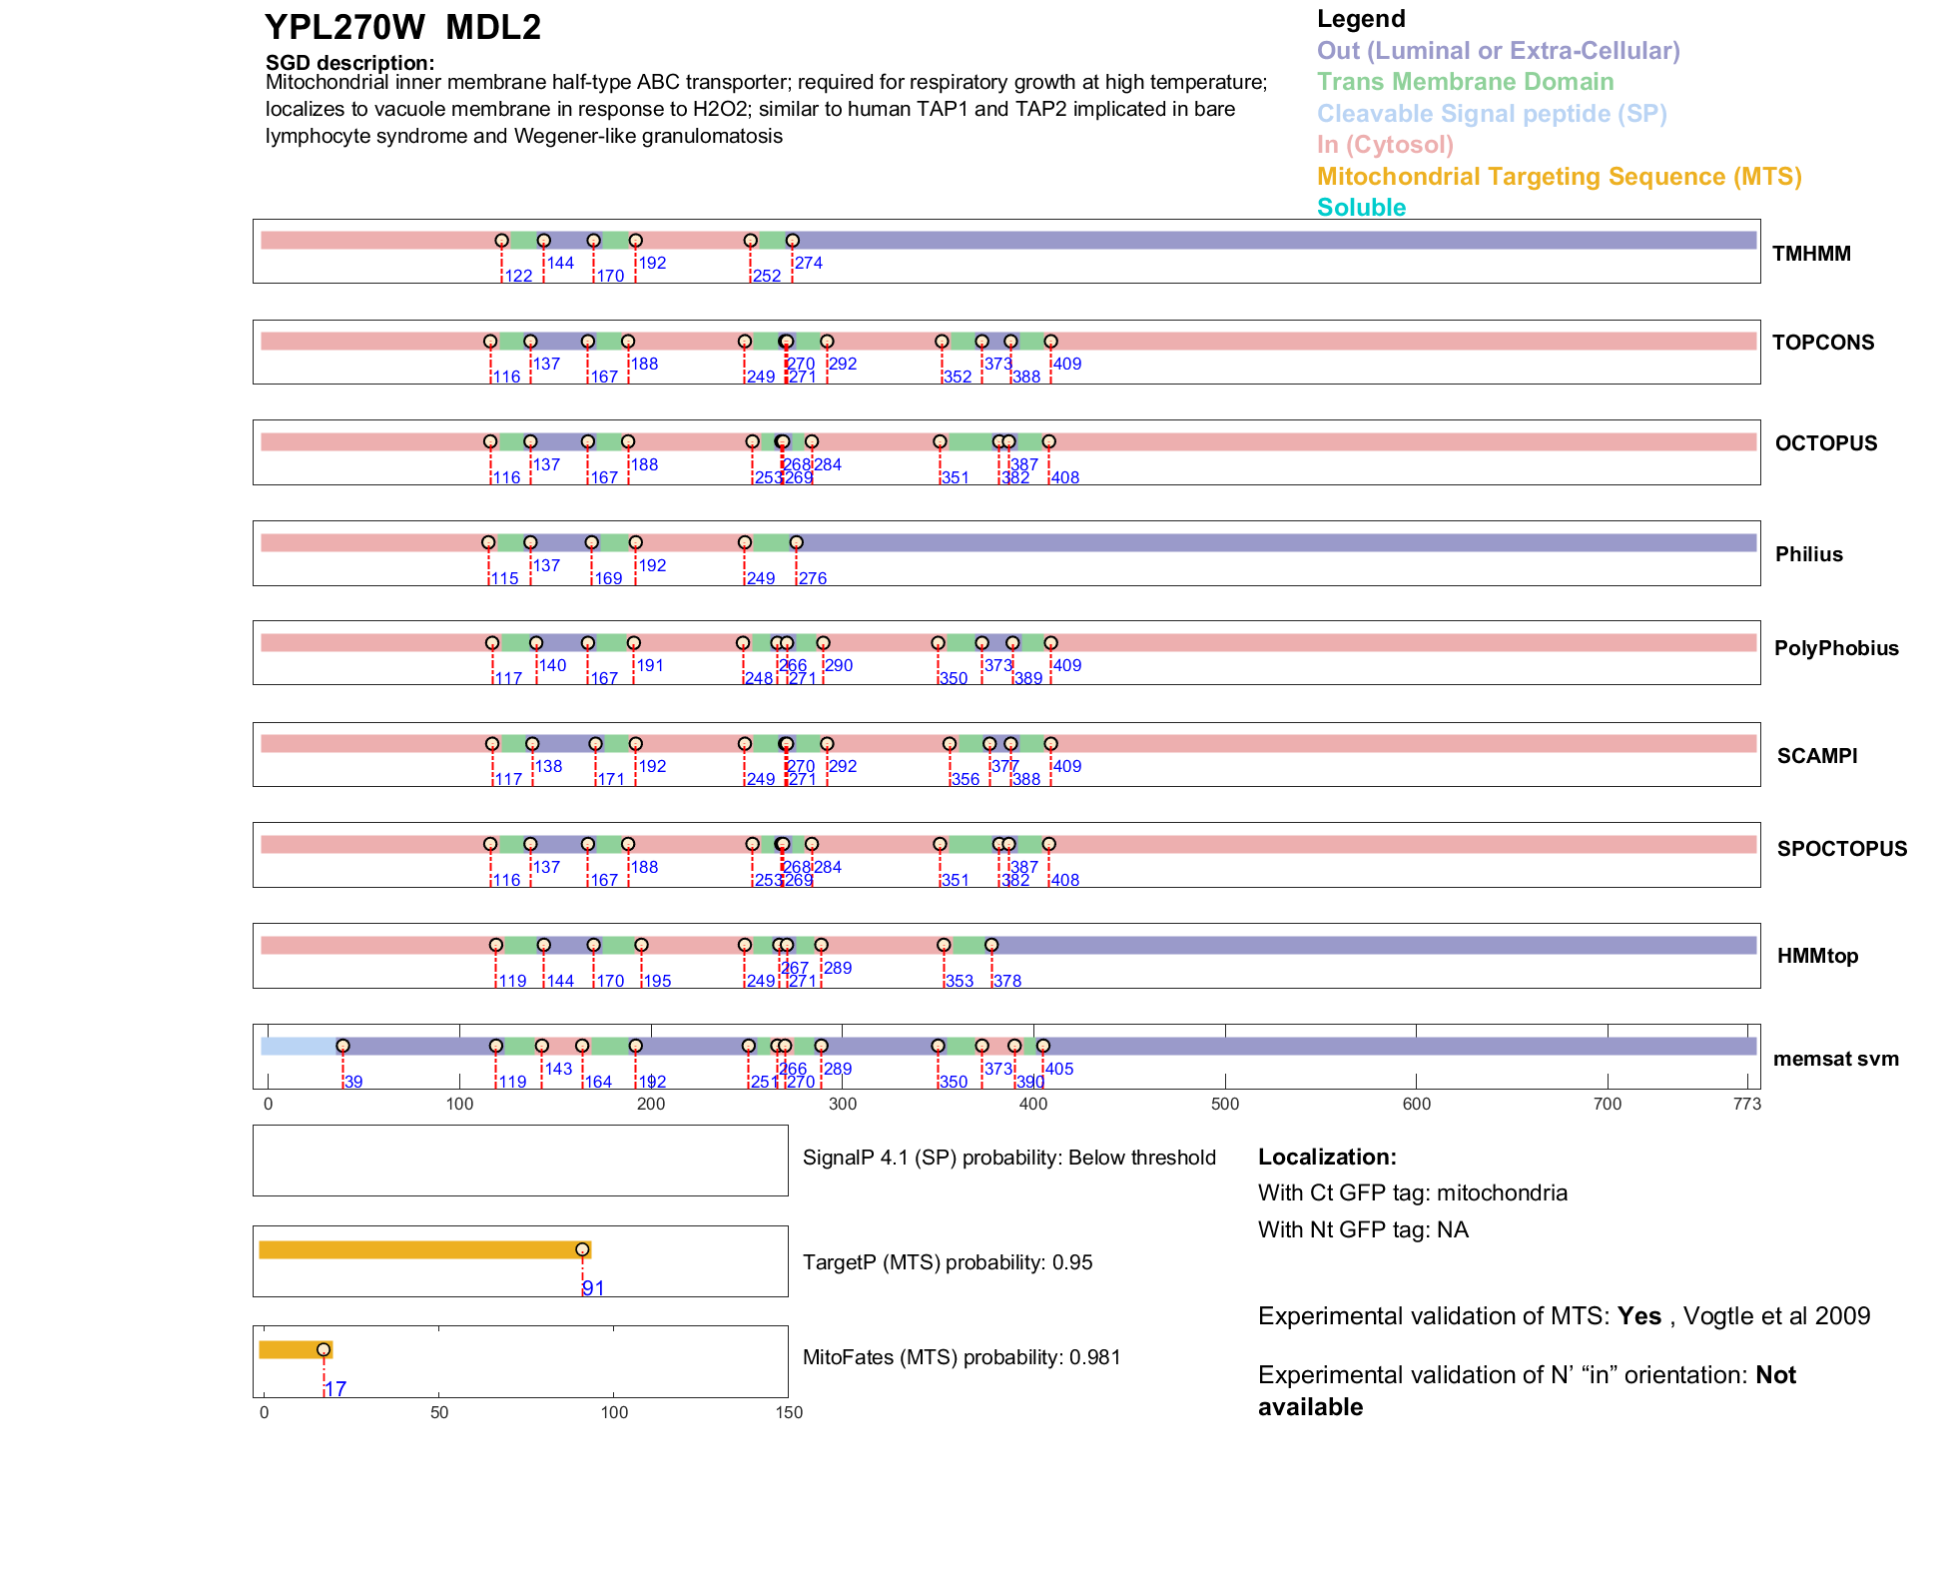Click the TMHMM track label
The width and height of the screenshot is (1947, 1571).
click(1810, 254)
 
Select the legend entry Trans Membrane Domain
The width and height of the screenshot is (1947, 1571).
click(1465, 82)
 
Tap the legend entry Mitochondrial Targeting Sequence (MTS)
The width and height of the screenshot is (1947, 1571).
click(1559, 177)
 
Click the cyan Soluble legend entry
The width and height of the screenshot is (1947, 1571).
click(1361, 208)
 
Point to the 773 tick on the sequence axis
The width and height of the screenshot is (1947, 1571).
click(1746, 1104)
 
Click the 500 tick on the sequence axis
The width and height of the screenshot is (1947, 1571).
click(1225, 1104)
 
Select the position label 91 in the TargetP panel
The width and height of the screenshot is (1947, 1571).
click(593, 1288)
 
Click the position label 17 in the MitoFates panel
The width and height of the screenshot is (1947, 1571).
click(335, 1389)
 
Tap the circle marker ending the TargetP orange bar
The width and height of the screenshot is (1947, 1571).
click(582, 1249)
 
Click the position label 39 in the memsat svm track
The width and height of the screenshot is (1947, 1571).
click(353, 1083)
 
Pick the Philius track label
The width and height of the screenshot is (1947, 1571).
click(1808, 554)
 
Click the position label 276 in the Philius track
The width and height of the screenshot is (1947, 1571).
click(813, 579)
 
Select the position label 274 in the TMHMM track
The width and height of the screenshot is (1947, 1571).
click(809, 264)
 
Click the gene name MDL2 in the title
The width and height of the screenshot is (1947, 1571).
click(493, 28)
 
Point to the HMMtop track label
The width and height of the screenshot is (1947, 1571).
click(1817, 956)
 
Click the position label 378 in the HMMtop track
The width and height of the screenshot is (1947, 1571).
click(1006, 982)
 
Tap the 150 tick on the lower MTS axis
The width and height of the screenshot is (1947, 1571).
click(789, 1412)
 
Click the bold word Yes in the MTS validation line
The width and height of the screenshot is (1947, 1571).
click(1638, 1316)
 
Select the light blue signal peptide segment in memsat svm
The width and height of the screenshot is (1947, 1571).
click(299, 1046)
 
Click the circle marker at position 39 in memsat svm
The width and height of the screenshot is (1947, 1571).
click(342, 1046)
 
